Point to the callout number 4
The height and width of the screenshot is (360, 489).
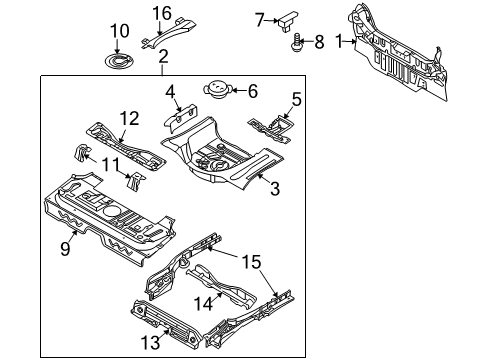(x=171, y=94)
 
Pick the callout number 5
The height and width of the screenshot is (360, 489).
(x=295, y=99)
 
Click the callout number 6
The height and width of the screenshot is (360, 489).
(x=251, y=90)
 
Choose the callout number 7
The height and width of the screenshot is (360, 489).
(x=259, y=18)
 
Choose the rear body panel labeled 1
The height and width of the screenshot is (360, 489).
(x=410, y=50)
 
